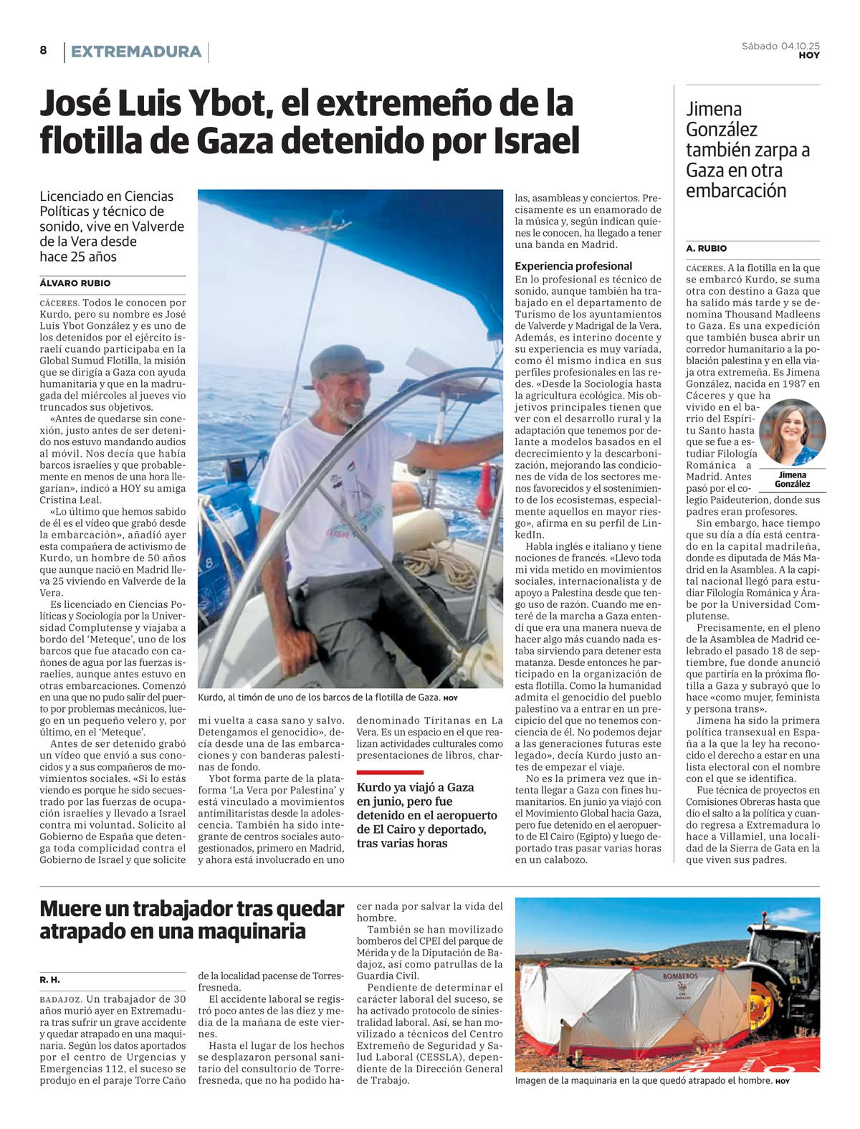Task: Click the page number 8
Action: (x=43, y=50)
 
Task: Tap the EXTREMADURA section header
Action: (x=136, y=52)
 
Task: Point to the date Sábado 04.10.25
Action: (x=780, y=46)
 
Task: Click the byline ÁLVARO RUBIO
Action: (x=75, y=283)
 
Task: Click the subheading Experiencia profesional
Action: (x=573, y=266)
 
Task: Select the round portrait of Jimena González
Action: (x=792, y=432)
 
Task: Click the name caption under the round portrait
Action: (x=792, y=480)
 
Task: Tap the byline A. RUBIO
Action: (x=706, y=249)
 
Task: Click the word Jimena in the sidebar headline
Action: (x=714, y=110)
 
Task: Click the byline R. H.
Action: (x=49, y=979)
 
